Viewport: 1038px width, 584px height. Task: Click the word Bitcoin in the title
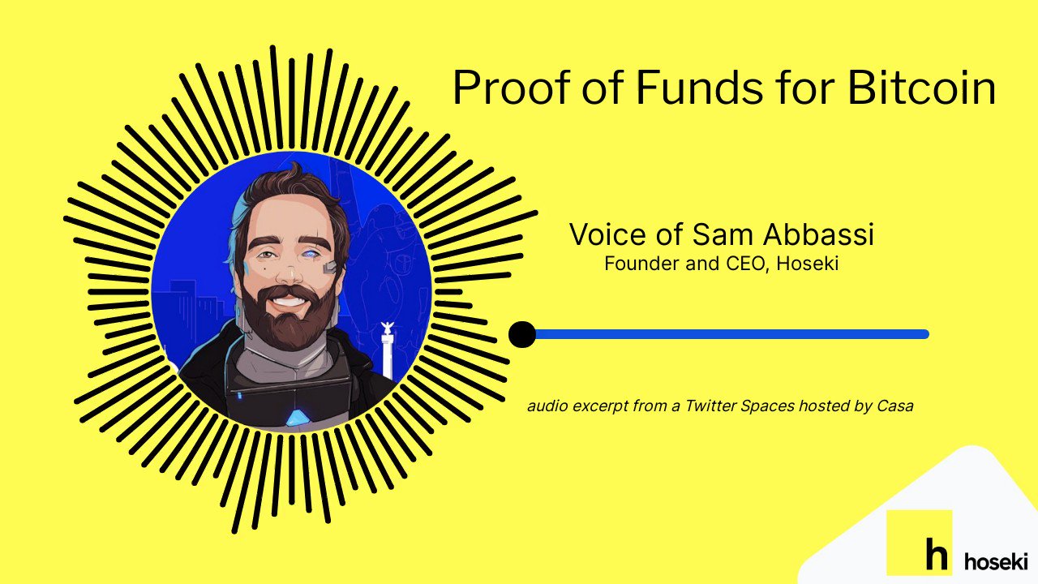[x=921, y=88]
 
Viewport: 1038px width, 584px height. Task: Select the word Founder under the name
[x=641, y=264]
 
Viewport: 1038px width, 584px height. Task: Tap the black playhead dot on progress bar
[x=522, y=334]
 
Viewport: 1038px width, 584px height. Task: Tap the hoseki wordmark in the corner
[x=996, y=560]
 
